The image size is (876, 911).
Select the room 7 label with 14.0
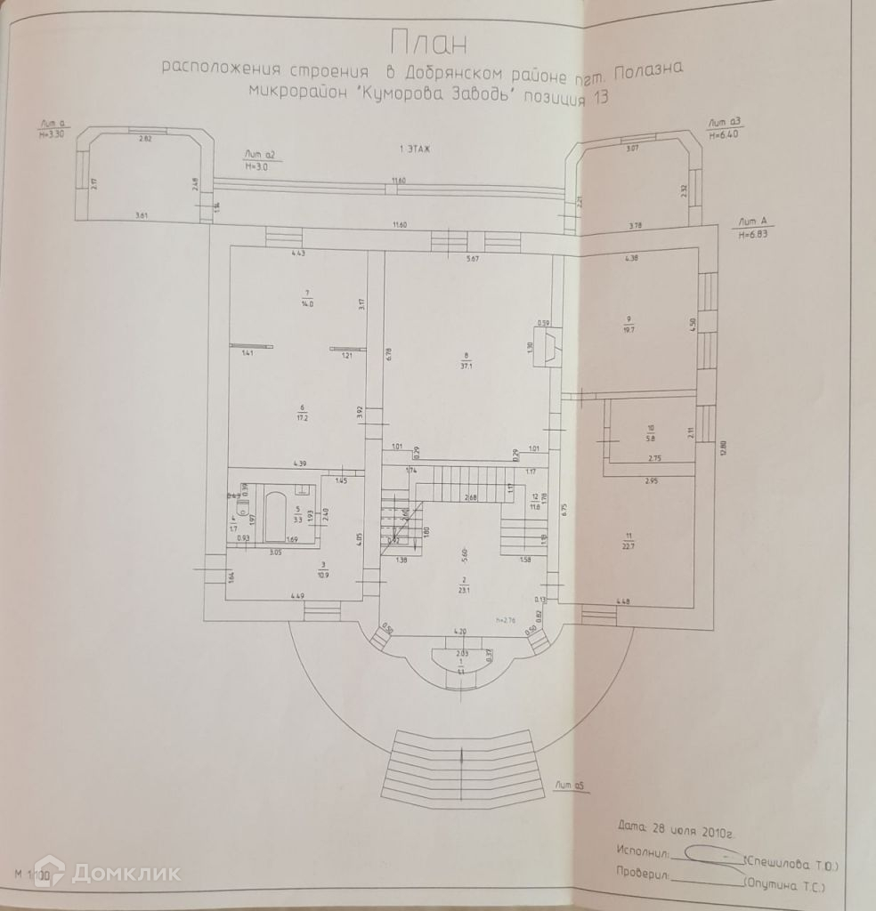(x=307, y=299)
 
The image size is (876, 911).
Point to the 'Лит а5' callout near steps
(x=567, y=785)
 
